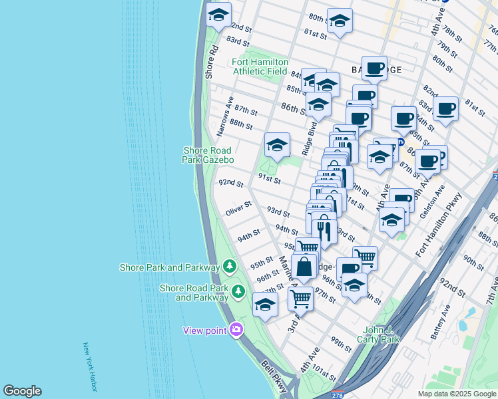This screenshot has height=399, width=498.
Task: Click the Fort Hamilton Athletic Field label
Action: [260, 66]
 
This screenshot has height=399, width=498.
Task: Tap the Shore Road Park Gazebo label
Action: [208, 155]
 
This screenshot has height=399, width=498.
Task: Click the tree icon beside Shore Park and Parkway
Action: [230, 267]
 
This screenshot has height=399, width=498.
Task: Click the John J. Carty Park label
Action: [381, 334]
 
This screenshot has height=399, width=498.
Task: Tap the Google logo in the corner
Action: [22, 391]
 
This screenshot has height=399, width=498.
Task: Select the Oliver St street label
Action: [238, 209]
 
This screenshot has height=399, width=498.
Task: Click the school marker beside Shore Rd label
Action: [218, 14]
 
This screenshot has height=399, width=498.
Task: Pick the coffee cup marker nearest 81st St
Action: [446, 108]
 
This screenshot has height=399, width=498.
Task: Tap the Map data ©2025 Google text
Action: [457, 394]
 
